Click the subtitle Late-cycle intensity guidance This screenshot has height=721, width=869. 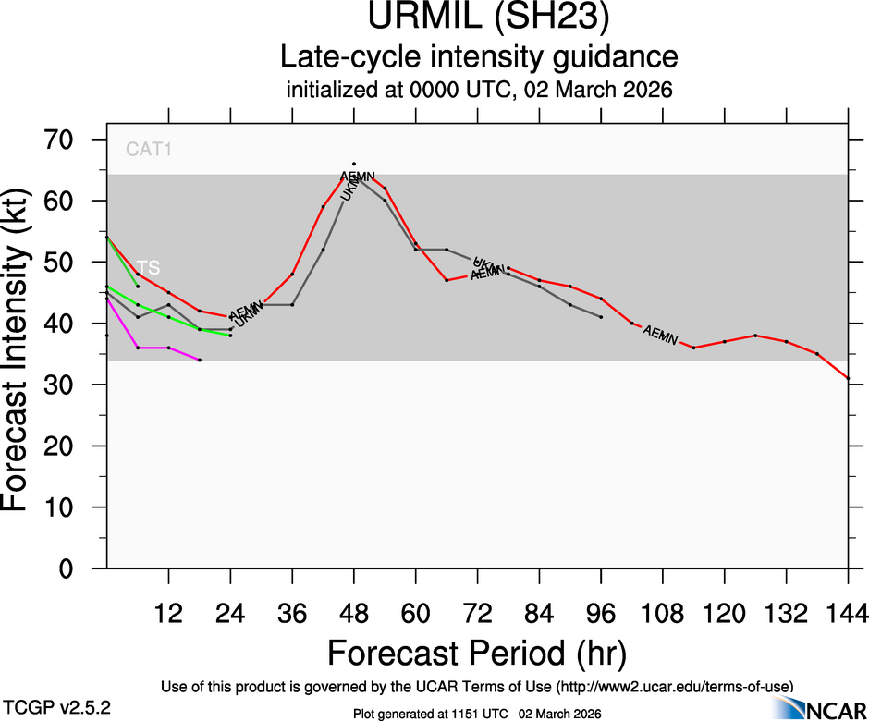[479, 57]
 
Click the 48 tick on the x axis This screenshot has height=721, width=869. [354, 613]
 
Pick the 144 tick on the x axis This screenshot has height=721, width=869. [848, 613]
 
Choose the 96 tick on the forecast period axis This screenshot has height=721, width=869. [601, 613]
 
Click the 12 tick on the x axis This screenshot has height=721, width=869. [168, 613]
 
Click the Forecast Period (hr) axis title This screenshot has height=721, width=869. [477, 653]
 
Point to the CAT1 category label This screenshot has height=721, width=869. [149, 149]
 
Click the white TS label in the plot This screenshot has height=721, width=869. [148, 267]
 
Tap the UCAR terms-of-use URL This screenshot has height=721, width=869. [675, 687]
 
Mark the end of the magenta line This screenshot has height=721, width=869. [200, 360]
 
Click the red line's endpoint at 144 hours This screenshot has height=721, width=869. [848, 378]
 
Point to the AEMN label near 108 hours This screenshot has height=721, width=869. [660, 334]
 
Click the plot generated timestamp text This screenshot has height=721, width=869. [477, 714]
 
